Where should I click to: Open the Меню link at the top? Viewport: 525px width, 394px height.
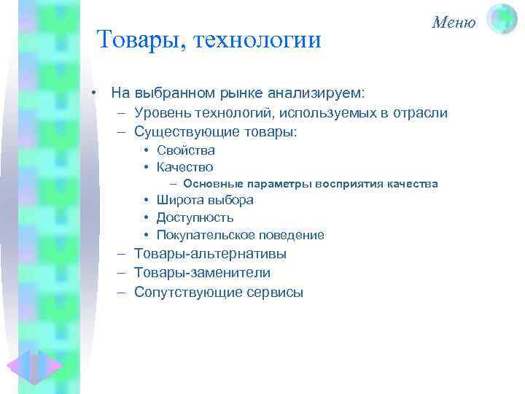(x=453, y=22)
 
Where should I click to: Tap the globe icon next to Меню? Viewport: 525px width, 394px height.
(x=501, y=19)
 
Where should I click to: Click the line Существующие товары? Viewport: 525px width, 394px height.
(x=217, y=132)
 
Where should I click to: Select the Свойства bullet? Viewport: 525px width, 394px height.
(x=186, y=150)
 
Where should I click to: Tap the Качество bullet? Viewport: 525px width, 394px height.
(x=185, y=167)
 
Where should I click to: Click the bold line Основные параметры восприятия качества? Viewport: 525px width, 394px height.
(x=310, y=184)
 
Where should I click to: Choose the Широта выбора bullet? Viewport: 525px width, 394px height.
(x=205, y=201)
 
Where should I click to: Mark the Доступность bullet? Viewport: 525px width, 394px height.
(x=195, y=217)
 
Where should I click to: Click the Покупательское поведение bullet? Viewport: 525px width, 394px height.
(x=240, y=235)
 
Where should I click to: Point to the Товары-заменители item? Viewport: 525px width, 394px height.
(x=203, y=273)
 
